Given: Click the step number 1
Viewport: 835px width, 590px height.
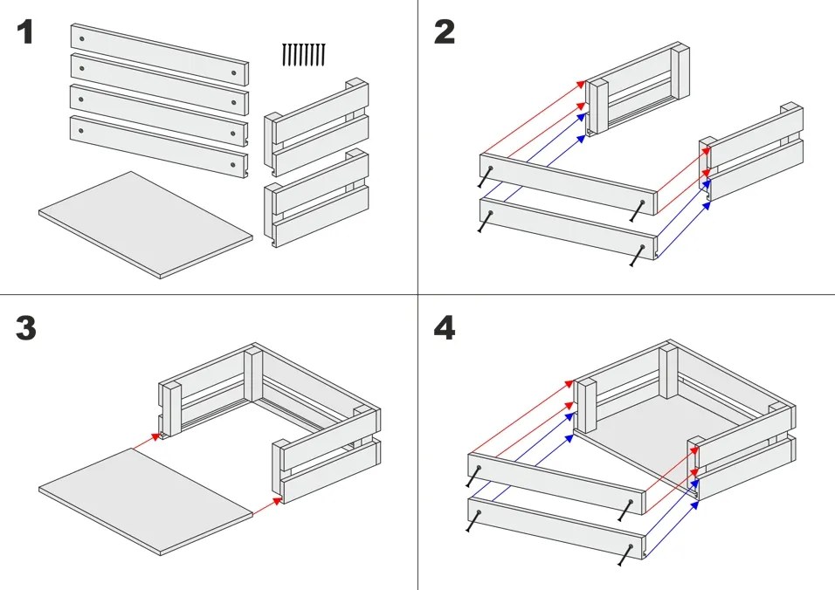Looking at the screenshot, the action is point(24,32).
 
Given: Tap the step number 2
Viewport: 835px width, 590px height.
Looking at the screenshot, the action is point(444,32).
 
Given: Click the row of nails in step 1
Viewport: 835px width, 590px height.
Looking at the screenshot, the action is point(304,55).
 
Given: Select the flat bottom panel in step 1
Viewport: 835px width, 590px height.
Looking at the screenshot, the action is point(145,224).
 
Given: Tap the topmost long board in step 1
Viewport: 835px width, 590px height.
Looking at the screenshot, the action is point(159,54).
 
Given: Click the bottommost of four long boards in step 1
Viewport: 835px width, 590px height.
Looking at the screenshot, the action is point(159,147).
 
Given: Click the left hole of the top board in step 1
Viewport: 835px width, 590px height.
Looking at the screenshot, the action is point(81,38).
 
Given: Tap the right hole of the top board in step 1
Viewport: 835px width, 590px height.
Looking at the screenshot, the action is point(234,73).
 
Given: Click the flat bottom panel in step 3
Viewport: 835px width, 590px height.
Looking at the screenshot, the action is point(145,502).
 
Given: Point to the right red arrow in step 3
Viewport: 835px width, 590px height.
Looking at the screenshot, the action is point(266,506).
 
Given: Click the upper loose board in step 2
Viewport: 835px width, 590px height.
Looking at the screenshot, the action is point(569,184).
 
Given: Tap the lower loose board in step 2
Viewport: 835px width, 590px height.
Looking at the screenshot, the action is point(569,229).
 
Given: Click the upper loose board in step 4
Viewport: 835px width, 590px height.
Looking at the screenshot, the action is point(557,484).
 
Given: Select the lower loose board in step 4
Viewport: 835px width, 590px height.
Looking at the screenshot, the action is point(557,528).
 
